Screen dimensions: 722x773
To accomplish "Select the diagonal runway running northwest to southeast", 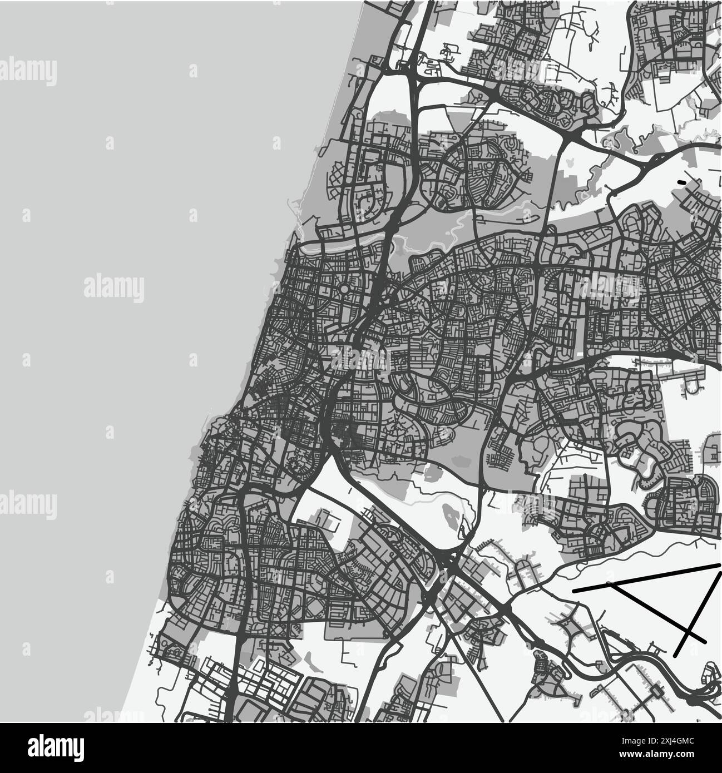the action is (x=656, y=612).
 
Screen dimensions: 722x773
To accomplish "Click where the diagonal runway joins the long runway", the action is (x=610, y=583).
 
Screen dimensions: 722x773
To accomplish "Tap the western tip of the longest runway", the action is (x=574, y=588).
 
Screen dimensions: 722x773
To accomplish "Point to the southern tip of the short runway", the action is (x=676, y=656).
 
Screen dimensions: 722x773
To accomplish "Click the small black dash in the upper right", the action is (x=682, y=182).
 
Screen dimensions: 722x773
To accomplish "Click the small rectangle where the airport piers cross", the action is (x=655, y=691).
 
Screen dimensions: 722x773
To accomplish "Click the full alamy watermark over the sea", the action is (x=114, y=288).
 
